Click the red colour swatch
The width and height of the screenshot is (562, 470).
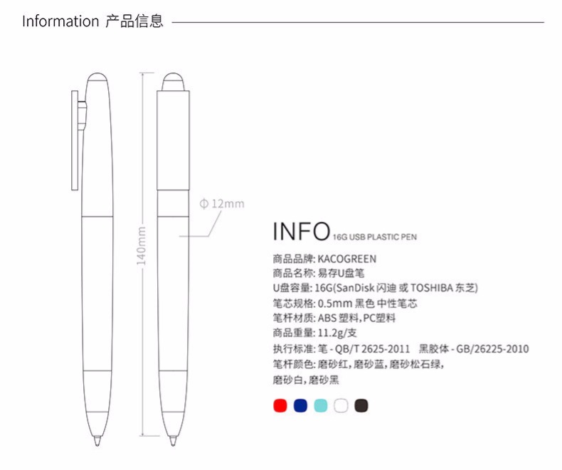coord(280,405)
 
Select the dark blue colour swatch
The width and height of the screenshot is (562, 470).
coord(300,405)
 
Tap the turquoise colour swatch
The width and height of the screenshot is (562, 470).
coord(321,405)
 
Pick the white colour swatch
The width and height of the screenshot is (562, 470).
coord(341,405)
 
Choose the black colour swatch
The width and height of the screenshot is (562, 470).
coord(361,405)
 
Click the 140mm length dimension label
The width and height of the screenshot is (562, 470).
coord(142,246)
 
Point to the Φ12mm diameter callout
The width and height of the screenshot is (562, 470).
coord(222,204)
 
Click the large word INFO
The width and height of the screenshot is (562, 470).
coord(301,231)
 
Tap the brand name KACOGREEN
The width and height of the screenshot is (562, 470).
coord(347,259)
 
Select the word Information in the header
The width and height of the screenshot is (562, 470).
coord(60,21)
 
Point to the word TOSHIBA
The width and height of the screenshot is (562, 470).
coord(432,288)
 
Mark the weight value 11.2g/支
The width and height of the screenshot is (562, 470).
coord(337,333)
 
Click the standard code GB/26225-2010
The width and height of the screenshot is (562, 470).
coord(492,348)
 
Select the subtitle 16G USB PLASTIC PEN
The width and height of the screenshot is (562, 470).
coord(374,237)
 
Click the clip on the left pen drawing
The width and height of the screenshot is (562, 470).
coord(75,140)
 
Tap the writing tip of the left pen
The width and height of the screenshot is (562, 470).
coord(97,442)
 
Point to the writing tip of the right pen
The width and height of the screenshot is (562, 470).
coord(173,442)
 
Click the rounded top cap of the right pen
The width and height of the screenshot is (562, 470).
coord(173,82)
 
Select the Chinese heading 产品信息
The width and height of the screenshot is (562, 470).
coord(134,21)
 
